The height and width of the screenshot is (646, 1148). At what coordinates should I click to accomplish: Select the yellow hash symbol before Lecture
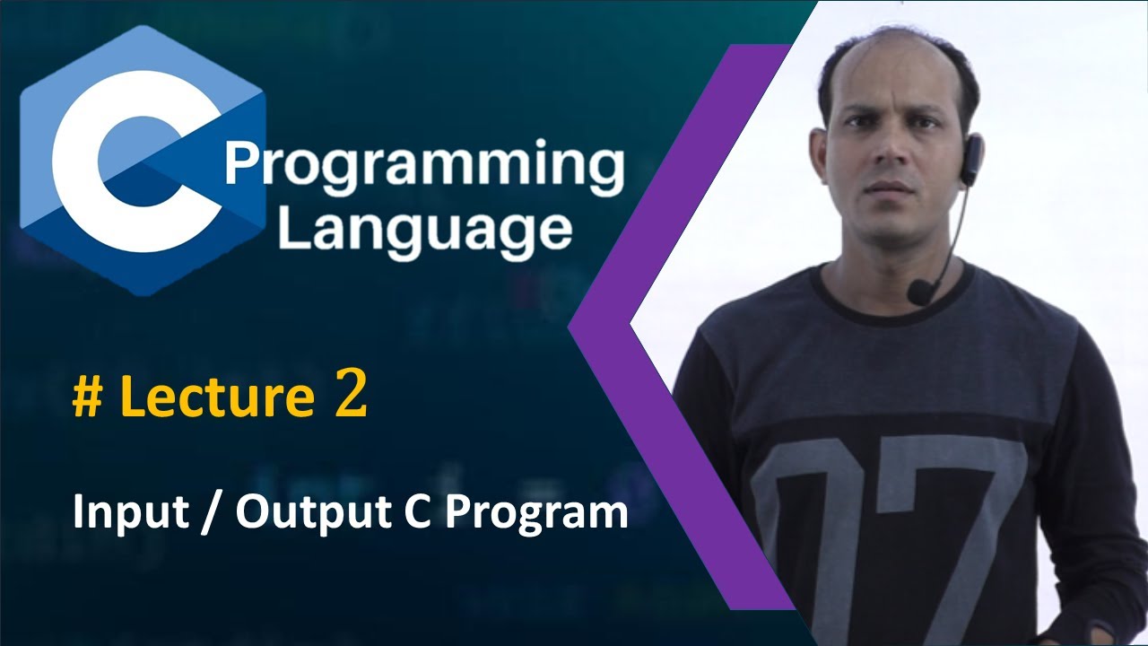coord(87,398)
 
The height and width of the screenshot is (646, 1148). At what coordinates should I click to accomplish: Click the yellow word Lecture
coord(215,398)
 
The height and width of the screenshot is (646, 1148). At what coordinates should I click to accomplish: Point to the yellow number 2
coord(351,398)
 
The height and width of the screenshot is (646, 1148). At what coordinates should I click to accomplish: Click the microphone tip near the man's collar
coord(919,292)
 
